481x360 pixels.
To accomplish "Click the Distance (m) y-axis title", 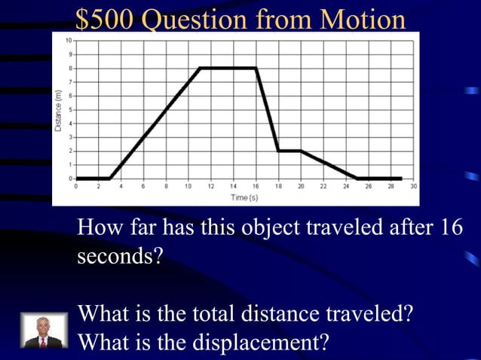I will (x=58, y=111).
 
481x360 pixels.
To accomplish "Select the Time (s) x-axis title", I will (x=244, y=197).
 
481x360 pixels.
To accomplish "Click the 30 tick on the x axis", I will (x=414, y=185).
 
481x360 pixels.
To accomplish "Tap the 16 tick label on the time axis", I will (x=256, y=185).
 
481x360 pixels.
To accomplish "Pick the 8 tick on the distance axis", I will (x=71, y=68).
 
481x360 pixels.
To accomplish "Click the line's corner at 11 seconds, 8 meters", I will (x=200, y=68).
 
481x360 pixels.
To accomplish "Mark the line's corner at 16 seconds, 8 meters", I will (x=256, y=68).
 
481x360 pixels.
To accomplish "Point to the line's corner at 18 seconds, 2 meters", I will (x=278, y=151).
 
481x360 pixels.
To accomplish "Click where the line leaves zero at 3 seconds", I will (x=110, y=178).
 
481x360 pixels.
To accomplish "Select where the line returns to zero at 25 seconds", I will (x=357, y=178).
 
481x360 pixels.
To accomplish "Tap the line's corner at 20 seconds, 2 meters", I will (x=301, y=151).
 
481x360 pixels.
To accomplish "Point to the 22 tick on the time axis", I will (x=323, y=185).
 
